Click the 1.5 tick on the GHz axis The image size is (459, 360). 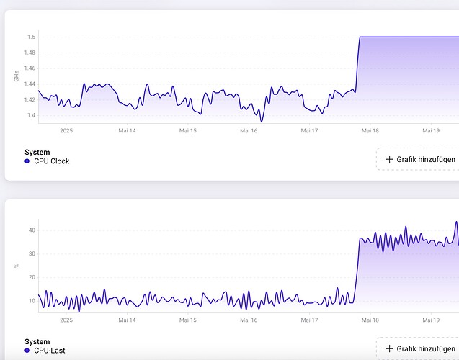coord(31,37)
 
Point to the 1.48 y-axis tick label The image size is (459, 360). coord(30,53)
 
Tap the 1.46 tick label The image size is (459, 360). coord(30,68)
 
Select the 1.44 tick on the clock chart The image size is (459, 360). coord(30,84)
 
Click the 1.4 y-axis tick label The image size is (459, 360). coord(31,115)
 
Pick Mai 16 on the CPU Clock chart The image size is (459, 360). coord(249,131)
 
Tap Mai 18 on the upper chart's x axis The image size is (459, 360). coord(370,131)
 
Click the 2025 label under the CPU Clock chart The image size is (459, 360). coord(66,131)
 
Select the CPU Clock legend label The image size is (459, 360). coord(52,161)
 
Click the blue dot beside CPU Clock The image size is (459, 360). coord(27,161)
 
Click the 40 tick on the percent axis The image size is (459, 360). coord(32,230)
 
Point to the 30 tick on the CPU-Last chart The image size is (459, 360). coord(32,253)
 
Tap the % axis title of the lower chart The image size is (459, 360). coord(16,266)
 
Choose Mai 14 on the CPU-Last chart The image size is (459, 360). coord(127,320)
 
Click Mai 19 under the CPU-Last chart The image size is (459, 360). coord(431,320)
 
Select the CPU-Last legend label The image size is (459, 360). coord(50,351)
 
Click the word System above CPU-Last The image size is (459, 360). coord(37,342)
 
